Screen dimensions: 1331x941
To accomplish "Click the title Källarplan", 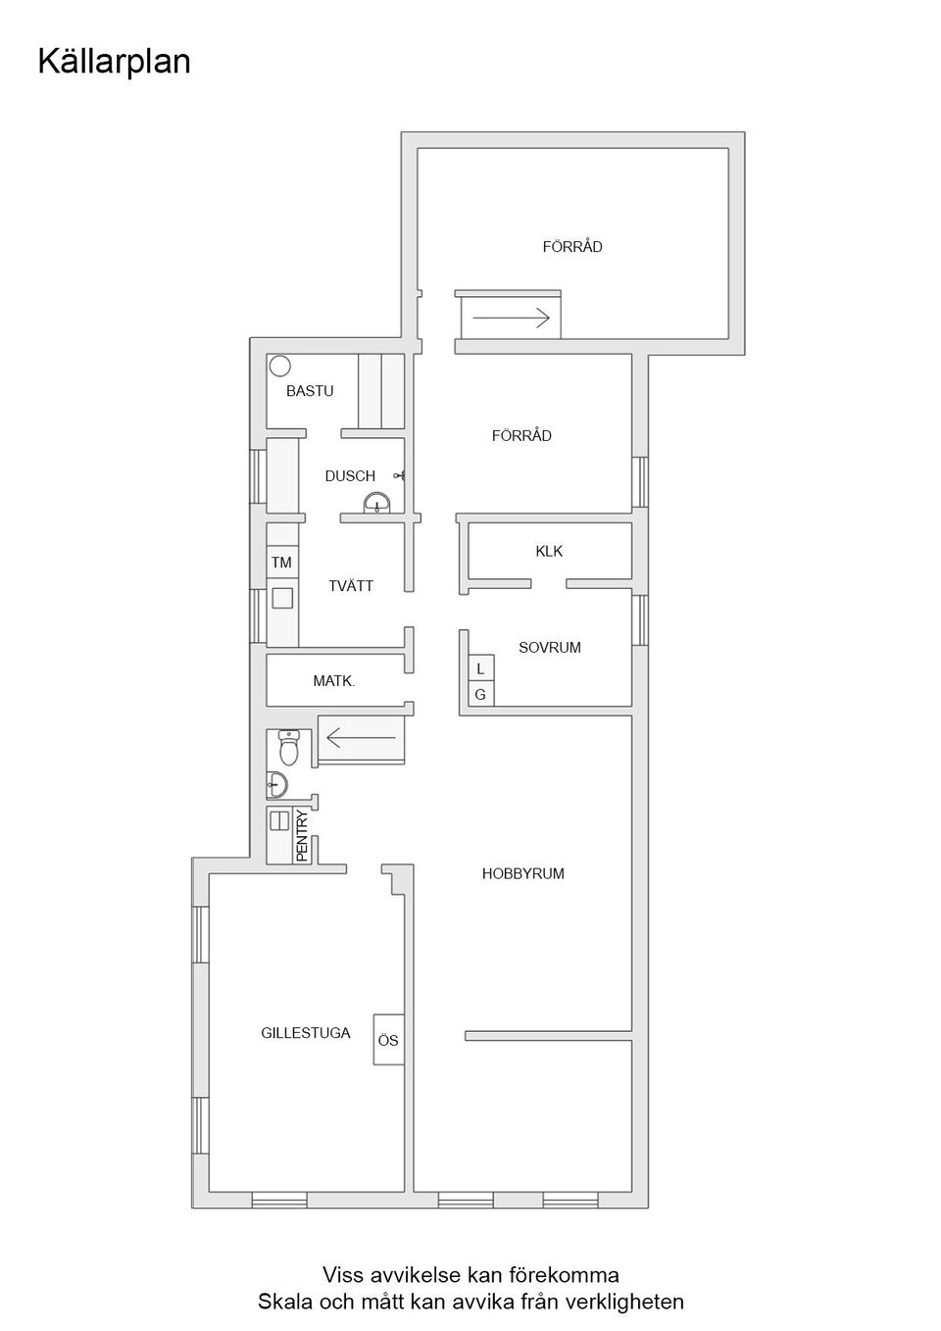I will (114, 62).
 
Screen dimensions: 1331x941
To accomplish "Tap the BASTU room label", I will (310, 391).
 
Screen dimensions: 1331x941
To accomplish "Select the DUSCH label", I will (350, 476).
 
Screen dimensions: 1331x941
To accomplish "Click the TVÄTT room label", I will (350, 586).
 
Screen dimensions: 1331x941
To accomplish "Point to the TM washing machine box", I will (282, 563).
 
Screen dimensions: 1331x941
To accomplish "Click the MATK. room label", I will (333, 680).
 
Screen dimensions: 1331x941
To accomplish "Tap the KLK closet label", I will (549, 552).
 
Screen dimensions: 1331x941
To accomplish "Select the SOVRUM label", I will (549, 648).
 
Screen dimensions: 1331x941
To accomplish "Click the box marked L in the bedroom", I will (480, 668).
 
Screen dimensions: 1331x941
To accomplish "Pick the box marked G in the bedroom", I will (480, 694).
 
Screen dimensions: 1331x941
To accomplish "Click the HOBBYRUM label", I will (522, 874).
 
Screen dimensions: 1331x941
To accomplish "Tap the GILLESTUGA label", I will (305, 1033).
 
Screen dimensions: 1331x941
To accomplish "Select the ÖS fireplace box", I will (388, 1040).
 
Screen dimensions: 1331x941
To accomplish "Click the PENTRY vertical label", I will (302, 835).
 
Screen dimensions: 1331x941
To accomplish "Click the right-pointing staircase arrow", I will (510, 317).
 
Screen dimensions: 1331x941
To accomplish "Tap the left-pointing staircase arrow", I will (361, 737).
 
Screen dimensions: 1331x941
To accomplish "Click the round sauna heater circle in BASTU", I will (280, 366).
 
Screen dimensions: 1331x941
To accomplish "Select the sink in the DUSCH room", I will (377, 505).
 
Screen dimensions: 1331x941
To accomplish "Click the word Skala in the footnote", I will (281, 1302).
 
